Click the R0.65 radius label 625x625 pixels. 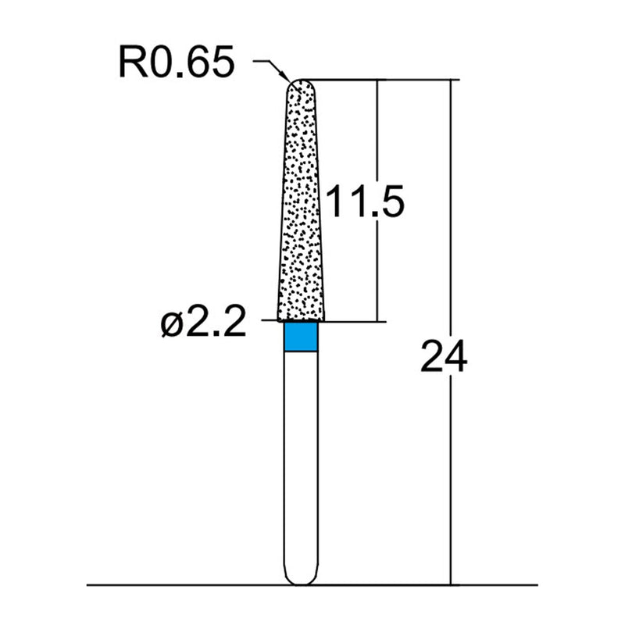tap(176, 62)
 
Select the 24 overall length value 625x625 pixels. tap(443, 357)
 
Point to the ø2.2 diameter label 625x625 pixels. tap(202, 321)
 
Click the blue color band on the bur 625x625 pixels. tap(301, 337)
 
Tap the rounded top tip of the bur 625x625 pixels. tap(301, 82)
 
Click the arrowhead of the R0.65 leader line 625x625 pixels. tap(286, 80)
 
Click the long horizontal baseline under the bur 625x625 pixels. tap(195, 584)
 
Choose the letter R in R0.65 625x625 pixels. tap(131, 62)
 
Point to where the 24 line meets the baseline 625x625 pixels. tap(451, 584)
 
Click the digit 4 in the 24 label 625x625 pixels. tap(455, 357)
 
